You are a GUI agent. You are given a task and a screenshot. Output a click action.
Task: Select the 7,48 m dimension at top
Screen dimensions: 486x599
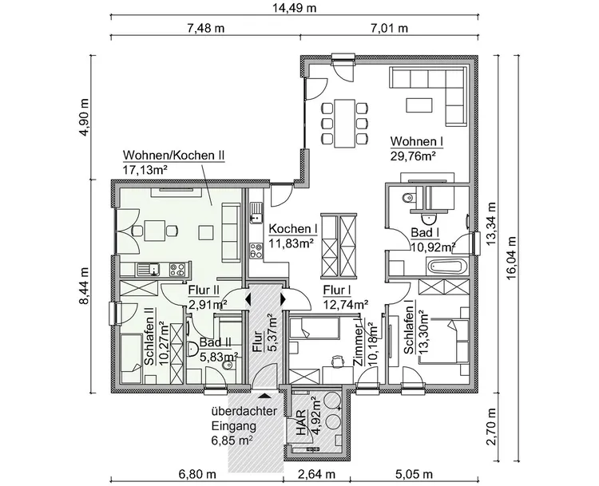pyautogui.click(x=205, y=28)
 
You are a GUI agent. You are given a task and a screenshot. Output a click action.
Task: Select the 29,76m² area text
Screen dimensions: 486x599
pyautogui.click(x=412, y=156)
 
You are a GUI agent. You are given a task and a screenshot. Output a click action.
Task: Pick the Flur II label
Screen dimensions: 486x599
pyautogui.click(x=204, y=290)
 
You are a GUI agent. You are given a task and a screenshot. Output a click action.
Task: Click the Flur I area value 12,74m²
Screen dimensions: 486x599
pyautogui.click(x=345, y=303)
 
